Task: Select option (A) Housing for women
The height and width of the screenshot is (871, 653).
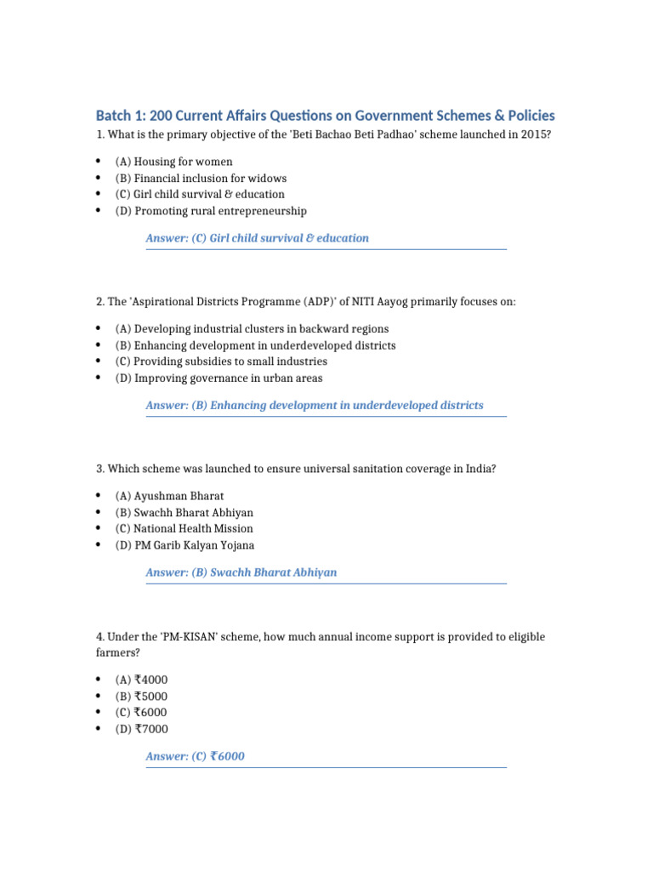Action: [x=173, y=162]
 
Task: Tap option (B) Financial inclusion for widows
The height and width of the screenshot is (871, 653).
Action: [x=201, y=179]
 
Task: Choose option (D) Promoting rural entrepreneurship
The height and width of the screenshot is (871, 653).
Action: [x=211, y=211]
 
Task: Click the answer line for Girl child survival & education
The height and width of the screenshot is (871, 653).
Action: [x=257, y=238]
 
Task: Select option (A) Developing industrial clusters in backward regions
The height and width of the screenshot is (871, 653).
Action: [x=252, y=329]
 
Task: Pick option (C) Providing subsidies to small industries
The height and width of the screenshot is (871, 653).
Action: [x=221, y=361]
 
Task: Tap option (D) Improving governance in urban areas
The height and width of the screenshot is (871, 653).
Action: [x=219, y=379]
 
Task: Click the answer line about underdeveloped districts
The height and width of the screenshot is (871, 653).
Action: [x=314, y=406]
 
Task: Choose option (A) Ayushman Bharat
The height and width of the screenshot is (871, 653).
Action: [x=169, y=496]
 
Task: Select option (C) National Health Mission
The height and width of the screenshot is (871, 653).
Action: [x=184, y=529]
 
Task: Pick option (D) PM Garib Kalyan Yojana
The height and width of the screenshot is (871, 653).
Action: [x=185, y=545]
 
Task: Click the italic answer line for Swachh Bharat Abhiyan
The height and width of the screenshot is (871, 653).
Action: [x=241, y=572]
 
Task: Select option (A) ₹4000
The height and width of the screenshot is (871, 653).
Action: [x=141, y=680]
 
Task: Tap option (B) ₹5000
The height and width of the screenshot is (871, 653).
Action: [x=141, y=696]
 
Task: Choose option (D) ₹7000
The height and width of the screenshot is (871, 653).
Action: [x=141, y=729]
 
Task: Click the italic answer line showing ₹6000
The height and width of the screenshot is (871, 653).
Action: [x=195, y=756]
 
